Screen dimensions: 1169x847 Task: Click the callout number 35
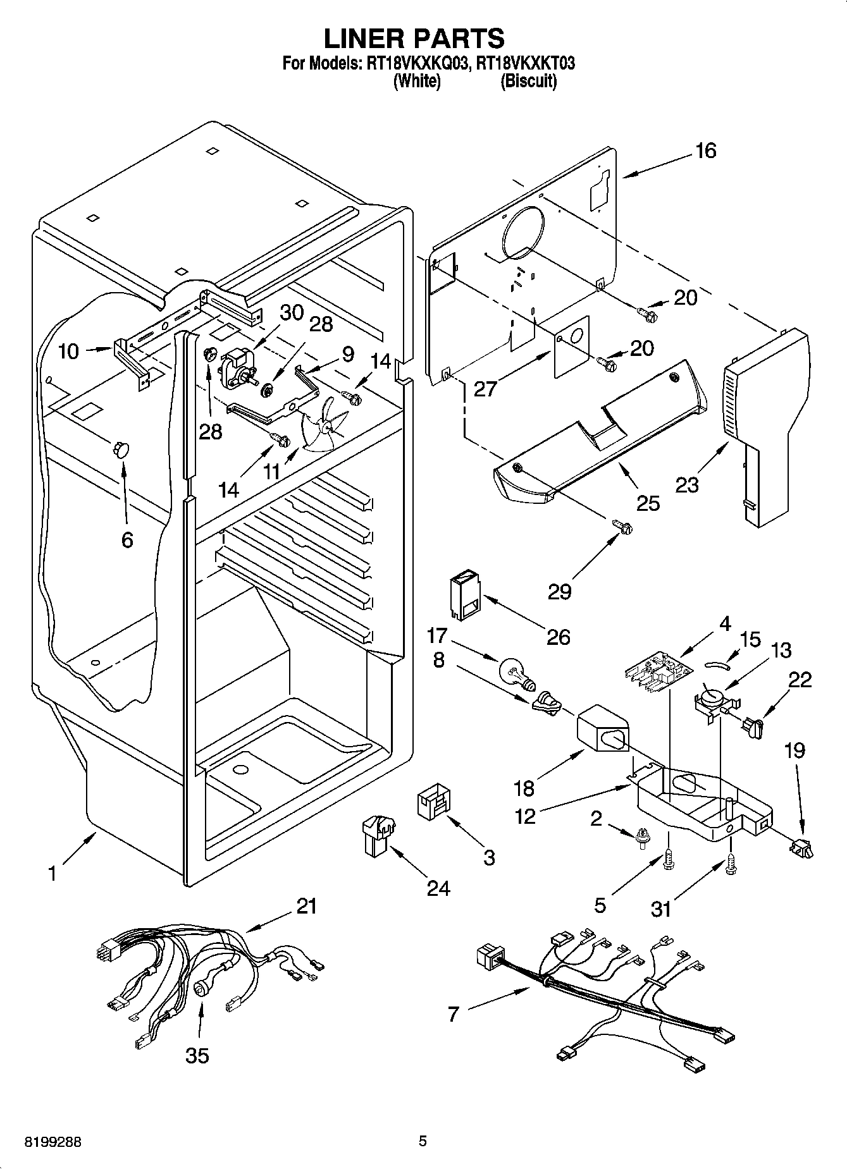click(x=197, y=1055)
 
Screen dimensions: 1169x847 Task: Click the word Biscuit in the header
click(x=528, y=82)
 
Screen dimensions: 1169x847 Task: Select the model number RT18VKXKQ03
click(x=414, y=63)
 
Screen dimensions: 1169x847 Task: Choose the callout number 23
click(x=687, y=485)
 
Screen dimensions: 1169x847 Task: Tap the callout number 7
click(x=452, y=1014)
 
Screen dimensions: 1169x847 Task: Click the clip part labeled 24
click(x=378, y=836)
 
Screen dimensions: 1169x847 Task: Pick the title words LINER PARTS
click(x=414, y=38)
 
